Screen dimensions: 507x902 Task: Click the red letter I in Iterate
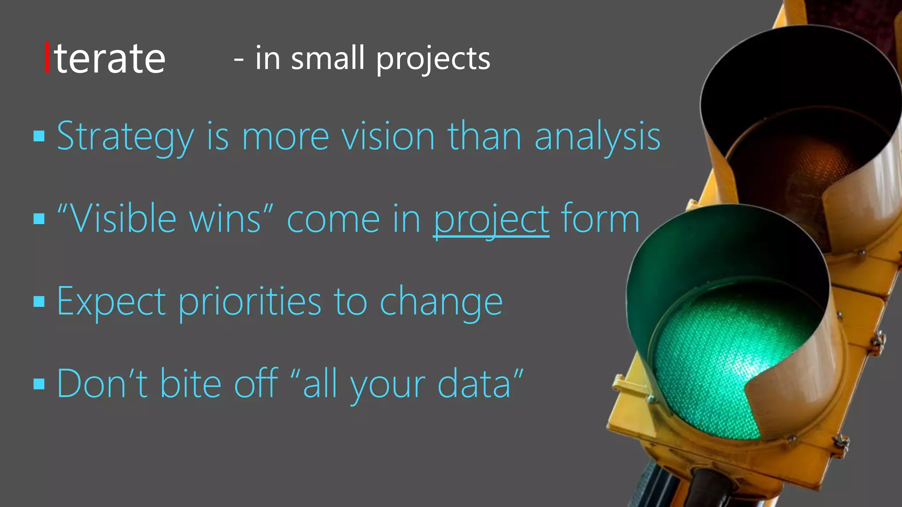click(47, 58)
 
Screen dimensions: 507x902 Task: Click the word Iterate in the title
click(106, 59)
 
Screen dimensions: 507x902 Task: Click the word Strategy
click(125, 137)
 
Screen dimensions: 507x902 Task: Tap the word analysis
click(597, 137)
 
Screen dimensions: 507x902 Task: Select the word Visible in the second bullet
click(123, 219)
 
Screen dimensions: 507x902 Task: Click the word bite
click(190, 383)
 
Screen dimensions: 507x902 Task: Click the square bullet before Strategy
click(39, 136)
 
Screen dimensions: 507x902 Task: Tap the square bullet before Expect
click(39, 301)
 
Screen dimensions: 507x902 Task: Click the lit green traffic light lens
click(722, 365)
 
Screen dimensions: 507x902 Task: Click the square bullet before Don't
click(39, 384)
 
